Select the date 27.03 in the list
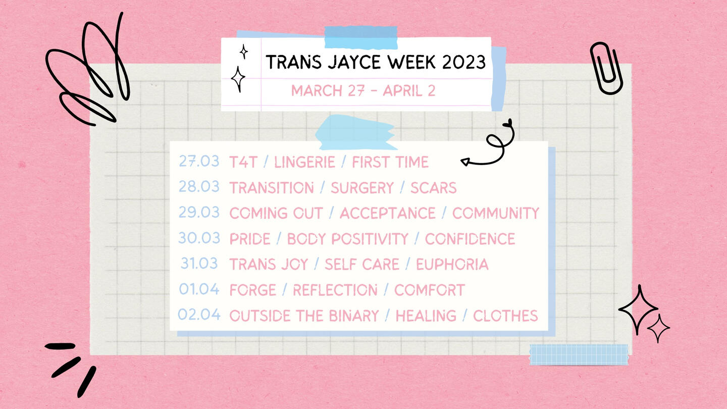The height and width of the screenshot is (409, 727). tap(199, 162)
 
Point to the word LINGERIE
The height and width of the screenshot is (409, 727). tap(304, 162)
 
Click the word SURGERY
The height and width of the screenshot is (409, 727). tap(362, 188)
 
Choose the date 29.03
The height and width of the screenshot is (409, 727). tap(199, 212)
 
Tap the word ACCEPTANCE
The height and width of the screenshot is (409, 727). tap(388, 214)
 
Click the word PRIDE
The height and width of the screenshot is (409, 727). tap(250, 239)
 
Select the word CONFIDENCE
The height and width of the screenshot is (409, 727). tap(470, 239)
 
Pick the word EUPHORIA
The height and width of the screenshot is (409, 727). tap(452, 265)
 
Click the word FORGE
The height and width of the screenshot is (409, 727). tap(253, 290)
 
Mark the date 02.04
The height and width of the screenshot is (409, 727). tap(199, 314)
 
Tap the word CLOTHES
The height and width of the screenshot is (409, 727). tap(505, 316)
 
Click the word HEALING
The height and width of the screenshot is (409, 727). tap(426, 316)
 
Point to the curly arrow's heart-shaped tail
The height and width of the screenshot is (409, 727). tap(507, 123)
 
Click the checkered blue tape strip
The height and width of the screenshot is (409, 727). tap(579, 354)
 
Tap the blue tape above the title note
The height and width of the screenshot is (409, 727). tap(361, 37)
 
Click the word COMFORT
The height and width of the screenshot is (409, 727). tap(429, 290)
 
